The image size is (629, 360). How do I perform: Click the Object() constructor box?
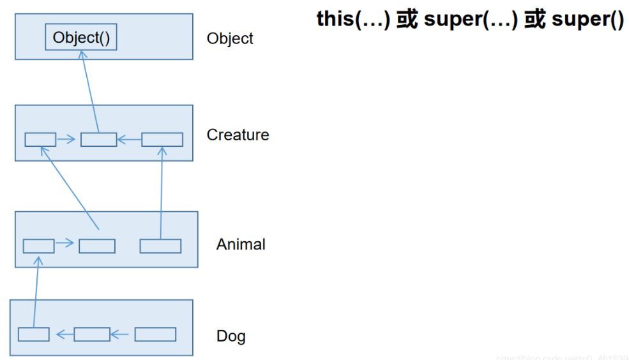81,38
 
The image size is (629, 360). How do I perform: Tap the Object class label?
230,38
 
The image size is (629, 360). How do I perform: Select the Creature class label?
238,135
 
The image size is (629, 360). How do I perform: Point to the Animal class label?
241,244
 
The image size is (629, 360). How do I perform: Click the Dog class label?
231,336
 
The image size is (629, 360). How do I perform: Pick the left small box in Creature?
40,139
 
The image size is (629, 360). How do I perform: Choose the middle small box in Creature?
98,139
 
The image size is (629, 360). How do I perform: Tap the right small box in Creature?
162,139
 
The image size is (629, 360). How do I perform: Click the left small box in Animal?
38,246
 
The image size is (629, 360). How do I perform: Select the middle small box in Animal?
97,246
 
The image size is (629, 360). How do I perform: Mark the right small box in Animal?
160,246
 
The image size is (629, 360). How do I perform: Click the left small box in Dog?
33,334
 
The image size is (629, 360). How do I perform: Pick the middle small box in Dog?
92,334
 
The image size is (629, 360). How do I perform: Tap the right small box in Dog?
155,334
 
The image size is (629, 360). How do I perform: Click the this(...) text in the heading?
353,20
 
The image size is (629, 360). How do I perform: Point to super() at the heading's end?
587,20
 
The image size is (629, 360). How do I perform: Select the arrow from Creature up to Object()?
89,93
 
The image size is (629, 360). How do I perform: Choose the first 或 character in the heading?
407,20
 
